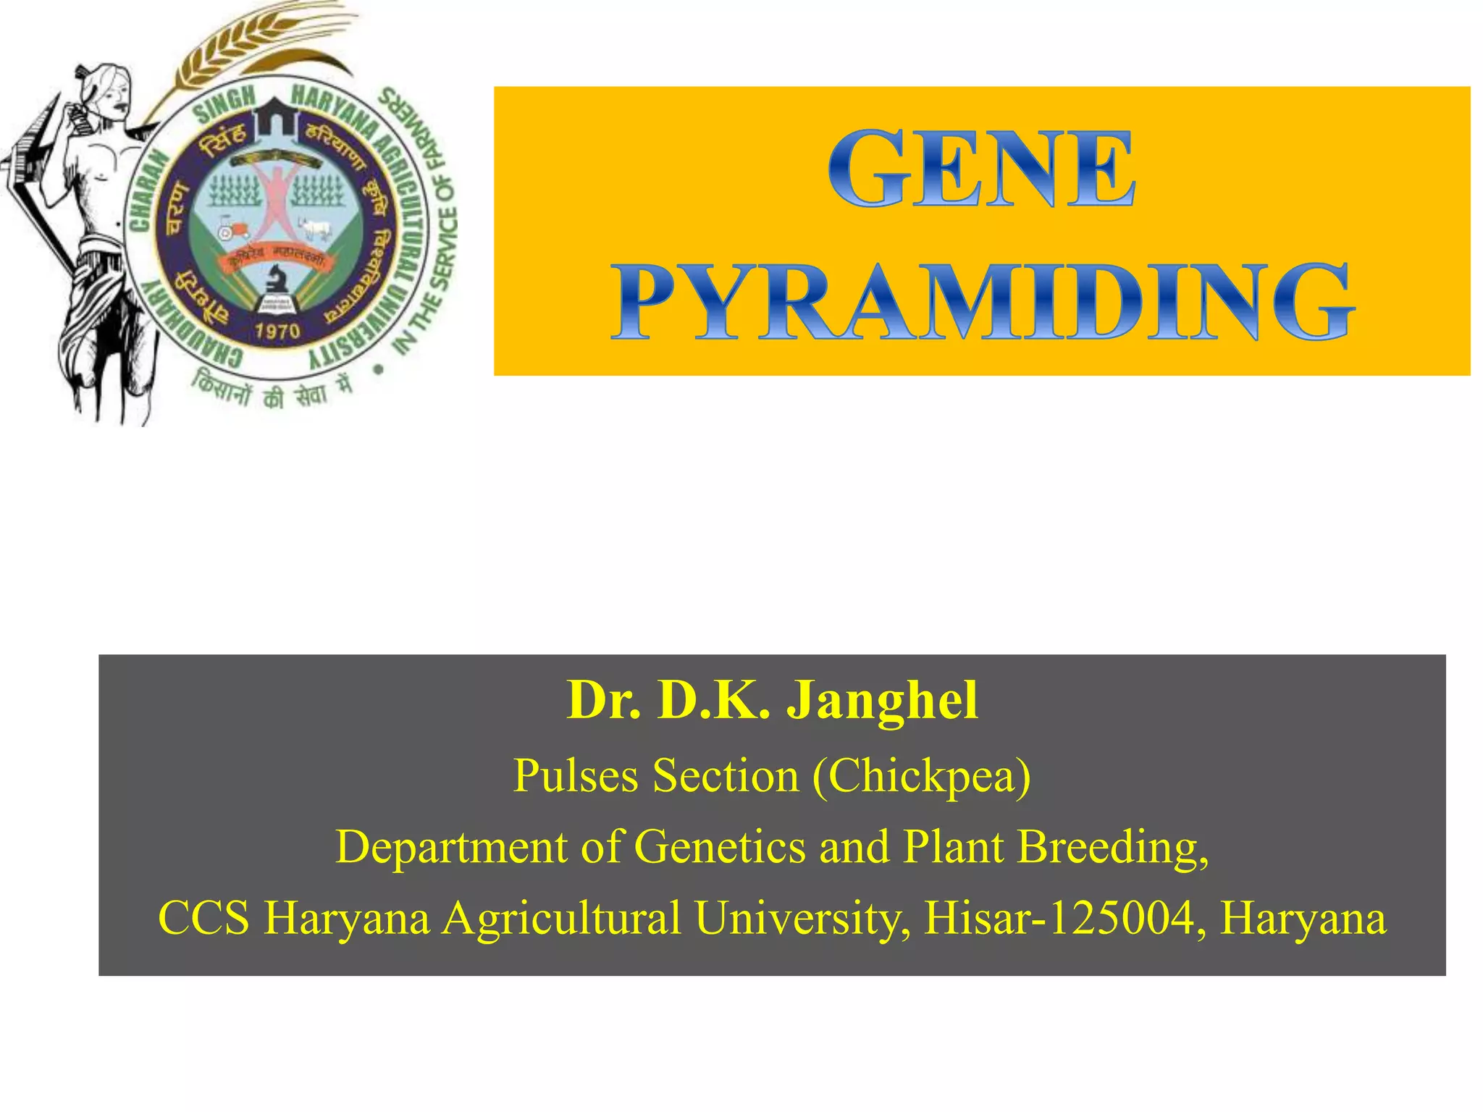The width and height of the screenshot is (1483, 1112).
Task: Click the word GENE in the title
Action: coord(980,168)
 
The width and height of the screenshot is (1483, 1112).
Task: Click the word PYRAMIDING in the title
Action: coord(982,303)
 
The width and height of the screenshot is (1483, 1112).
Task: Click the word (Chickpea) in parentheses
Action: coord(921,775)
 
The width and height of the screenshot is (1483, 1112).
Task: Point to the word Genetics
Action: coord(719,846)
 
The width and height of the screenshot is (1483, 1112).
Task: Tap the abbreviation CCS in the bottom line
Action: coord(203,917)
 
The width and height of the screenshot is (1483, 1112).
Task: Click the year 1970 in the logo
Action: coord(277,332)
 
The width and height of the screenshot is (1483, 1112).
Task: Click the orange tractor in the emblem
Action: coord(233,228)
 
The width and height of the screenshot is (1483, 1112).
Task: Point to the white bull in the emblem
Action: coord(315,229)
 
